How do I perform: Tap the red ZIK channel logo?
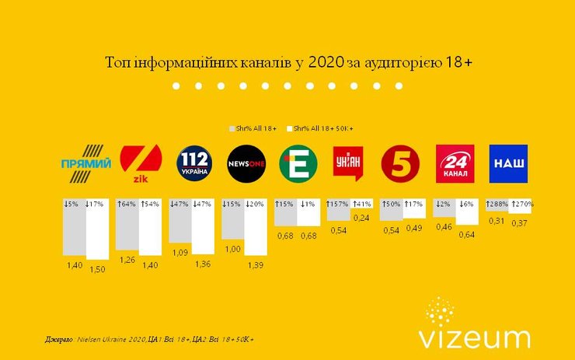tap(141, 165)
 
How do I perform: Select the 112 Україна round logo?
tap(193, 163)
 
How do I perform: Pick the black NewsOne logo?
tap(246, 164)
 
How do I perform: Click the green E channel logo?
tap(299, 164)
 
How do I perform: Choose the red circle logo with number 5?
tap(401, 164)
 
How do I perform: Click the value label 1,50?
tap(99, 268)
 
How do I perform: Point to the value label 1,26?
tap(126, 260)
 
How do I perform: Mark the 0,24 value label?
tap(362, 218)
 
